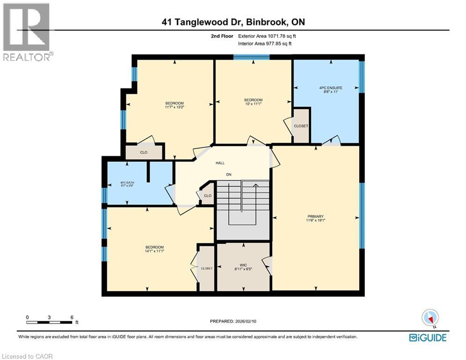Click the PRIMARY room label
coord(316,216)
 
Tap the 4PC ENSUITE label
coord(328,88)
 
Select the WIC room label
coord(243,265)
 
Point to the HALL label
coord(220,163)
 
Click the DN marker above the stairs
coord(229,174)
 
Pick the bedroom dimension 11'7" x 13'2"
coord(174,107)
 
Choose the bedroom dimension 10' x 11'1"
coord(253,104)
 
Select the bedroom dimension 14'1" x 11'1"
coord(154,251)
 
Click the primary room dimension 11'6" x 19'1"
coord(316,220)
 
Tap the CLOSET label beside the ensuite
coord(301,126)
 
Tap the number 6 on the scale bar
coord(71,317)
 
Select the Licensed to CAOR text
coord(27,356)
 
